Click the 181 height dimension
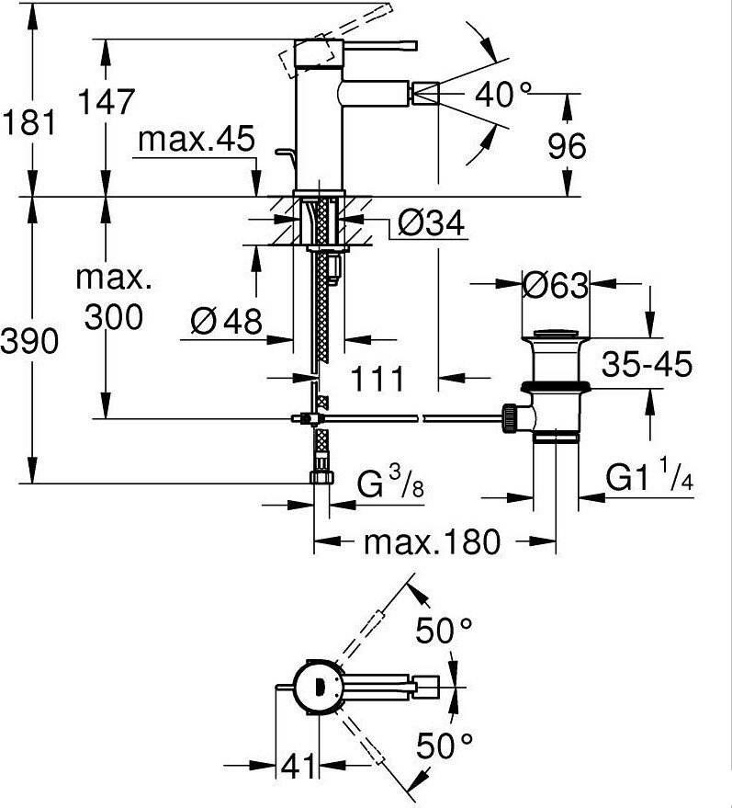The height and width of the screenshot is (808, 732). (x=28, y=124)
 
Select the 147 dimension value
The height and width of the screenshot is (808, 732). (x=106, y=101)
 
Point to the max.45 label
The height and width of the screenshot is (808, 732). (x=197, y=139)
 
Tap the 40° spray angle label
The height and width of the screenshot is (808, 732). (x=502, y=95)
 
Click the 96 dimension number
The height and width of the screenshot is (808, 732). (x=567, y=146)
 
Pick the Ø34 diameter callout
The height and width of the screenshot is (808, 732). (x=431, y=222)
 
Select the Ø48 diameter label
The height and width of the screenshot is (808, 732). (x=226, y=321)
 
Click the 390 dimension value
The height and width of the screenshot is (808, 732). (x=29, y=341)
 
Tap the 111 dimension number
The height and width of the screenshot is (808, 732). (x=377, y=379)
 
